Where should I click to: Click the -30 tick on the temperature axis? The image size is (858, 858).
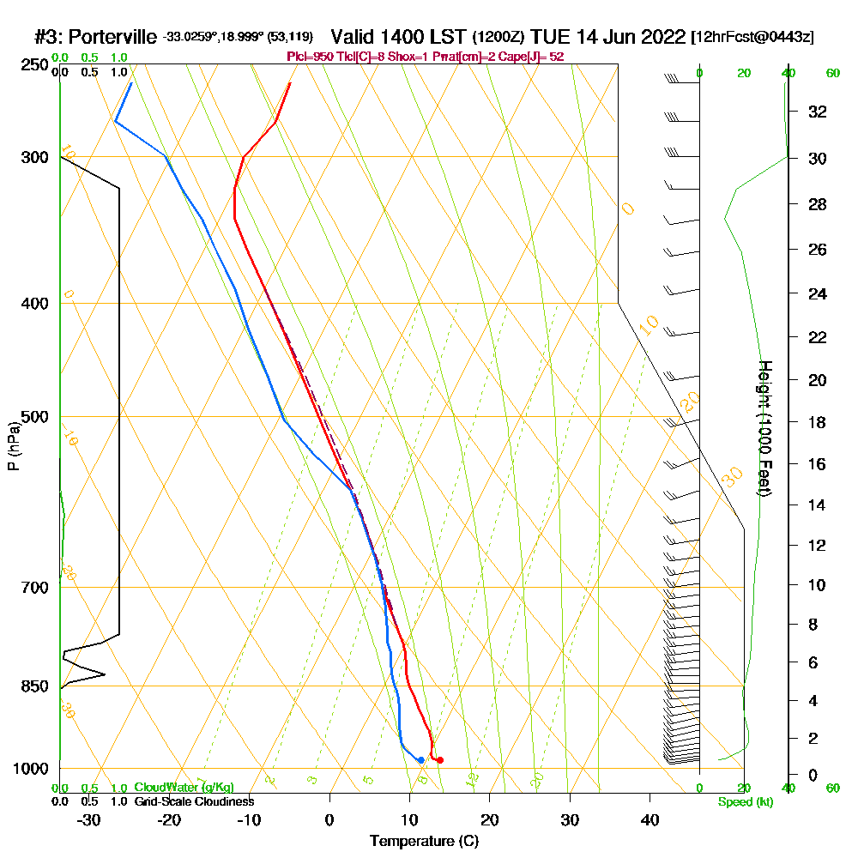89,819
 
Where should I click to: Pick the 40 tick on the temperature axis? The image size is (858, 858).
650,819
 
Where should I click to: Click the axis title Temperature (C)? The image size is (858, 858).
424,842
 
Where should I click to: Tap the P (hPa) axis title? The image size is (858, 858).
13,446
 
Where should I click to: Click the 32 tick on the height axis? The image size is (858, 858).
818,112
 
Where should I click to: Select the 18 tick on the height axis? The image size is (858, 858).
818,422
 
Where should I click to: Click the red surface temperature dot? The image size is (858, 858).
439,760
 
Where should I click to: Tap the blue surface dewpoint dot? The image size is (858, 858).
420,760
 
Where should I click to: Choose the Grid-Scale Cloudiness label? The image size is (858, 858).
193,801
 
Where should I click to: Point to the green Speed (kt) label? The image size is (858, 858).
744,801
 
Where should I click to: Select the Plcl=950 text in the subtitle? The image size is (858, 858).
309,57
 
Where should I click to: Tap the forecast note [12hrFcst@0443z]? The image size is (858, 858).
752,37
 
